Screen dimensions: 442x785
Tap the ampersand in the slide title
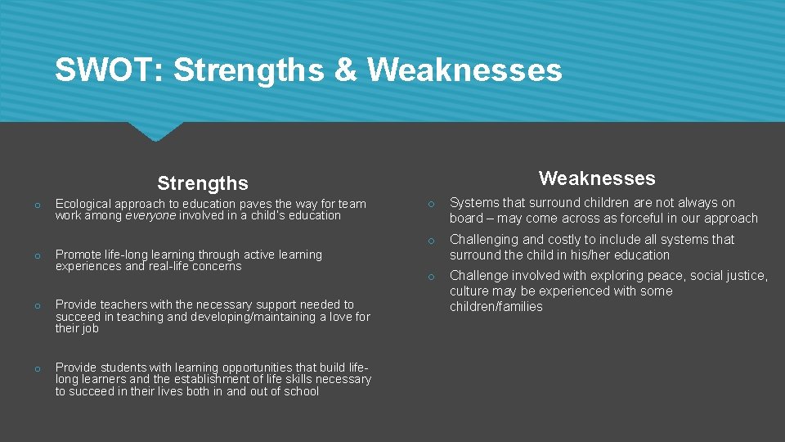347,70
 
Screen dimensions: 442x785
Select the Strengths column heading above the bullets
203,183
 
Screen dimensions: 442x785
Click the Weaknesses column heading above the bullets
597,178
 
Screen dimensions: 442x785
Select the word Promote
78,255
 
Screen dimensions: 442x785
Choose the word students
119,368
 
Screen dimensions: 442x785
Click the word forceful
641,218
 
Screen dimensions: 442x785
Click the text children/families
496,306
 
